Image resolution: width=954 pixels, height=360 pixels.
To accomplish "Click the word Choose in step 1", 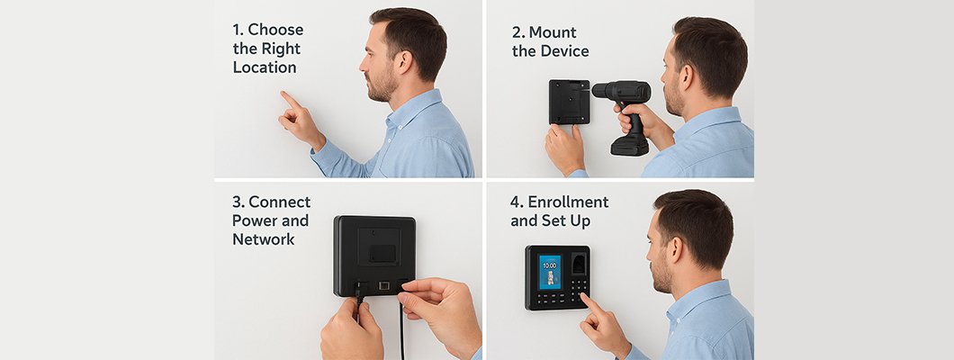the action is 275,30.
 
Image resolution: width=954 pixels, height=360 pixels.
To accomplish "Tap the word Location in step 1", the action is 264,67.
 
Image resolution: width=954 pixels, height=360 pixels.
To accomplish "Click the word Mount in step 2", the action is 553,32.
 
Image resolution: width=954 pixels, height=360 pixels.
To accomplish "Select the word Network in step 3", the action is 264,239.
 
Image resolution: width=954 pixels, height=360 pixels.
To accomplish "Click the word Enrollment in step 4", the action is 568,202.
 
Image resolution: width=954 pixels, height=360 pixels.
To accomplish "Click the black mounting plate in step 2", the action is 570,102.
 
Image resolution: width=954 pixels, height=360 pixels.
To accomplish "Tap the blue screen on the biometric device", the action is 549,272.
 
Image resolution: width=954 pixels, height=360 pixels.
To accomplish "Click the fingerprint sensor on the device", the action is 579,265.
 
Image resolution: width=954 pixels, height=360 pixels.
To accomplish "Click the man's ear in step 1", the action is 404,61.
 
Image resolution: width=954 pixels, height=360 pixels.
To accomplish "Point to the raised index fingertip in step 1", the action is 283,94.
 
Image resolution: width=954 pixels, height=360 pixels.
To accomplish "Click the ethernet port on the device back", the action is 384,285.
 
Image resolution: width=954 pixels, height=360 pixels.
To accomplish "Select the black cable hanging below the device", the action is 400,328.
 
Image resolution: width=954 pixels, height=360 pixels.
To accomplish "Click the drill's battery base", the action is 630,145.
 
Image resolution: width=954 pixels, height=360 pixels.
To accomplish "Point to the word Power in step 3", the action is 252,220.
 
